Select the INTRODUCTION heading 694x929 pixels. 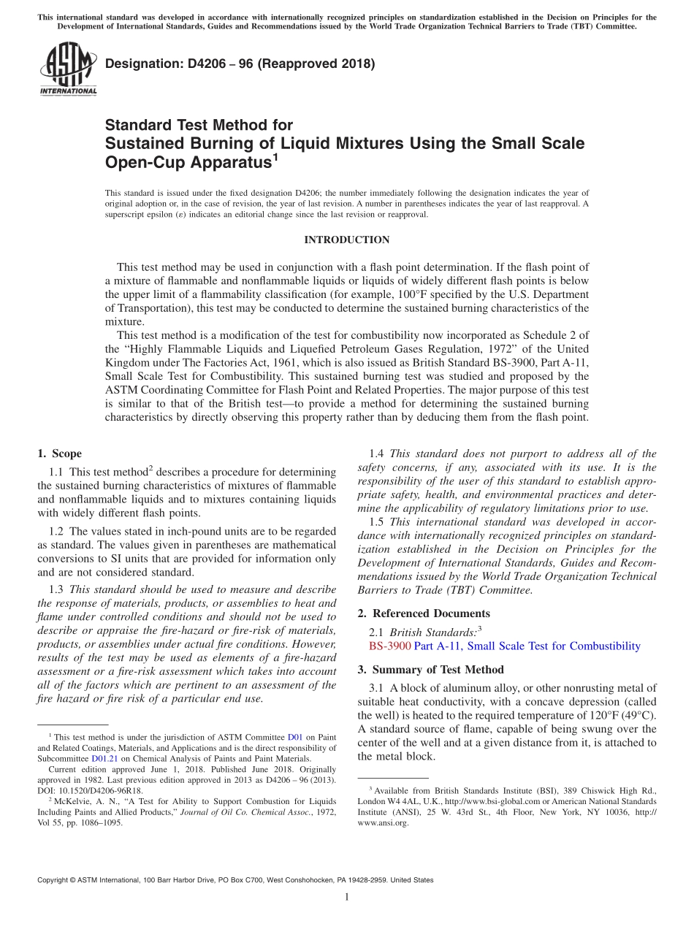pos(346,240)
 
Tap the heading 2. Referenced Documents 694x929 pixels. pos(424,613)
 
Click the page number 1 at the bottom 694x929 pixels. pos(347,898)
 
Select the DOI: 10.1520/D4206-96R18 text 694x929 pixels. pos(90,790)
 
